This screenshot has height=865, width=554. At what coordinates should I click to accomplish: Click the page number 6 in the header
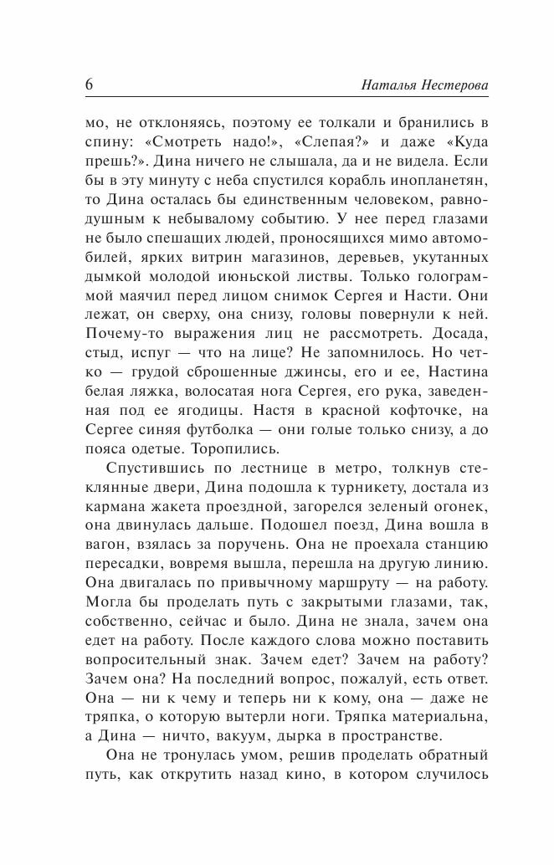point(90,85)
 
